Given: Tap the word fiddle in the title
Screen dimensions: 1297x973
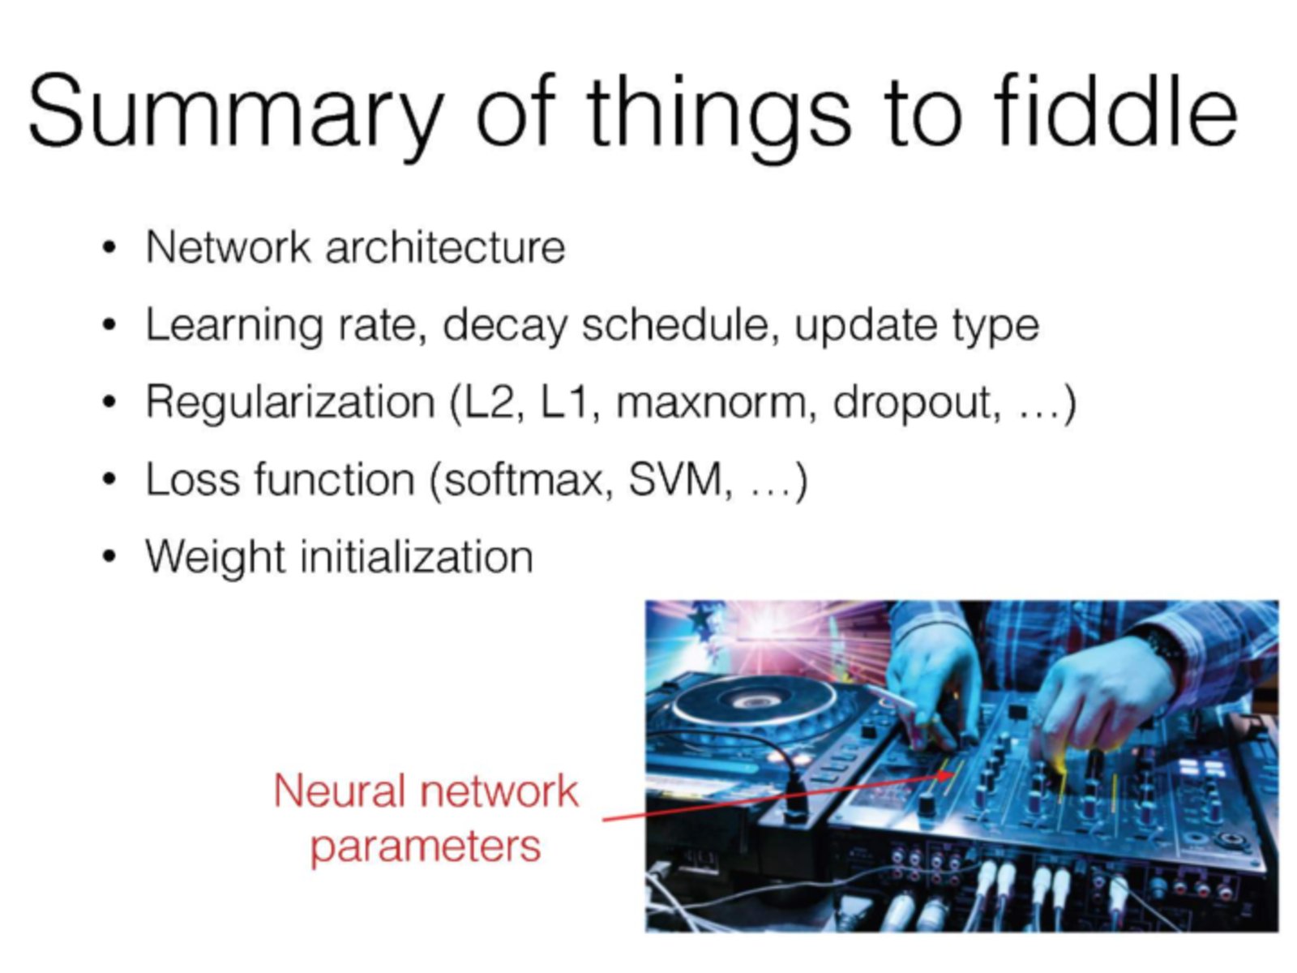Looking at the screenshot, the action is tap(1115, 109).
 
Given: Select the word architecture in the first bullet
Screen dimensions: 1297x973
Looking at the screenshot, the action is tap(445, 246).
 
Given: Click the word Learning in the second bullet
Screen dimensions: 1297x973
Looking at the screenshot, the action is tap(234, 326).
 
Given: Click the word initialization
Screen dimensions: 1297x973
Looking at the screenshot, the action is tap(417, 556).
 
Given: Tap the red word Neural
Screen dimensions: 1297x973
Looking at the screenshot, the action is tap(339, 791).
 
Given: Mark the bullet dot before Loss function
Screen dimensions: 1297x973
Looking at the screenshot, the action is tap(108, 480).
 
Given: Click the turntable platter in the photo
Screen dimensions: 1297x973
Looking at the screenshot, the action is tap(755, 703).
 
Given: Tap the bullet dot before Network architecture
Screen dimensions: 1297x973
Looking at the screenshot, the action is tap(108, 247).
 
